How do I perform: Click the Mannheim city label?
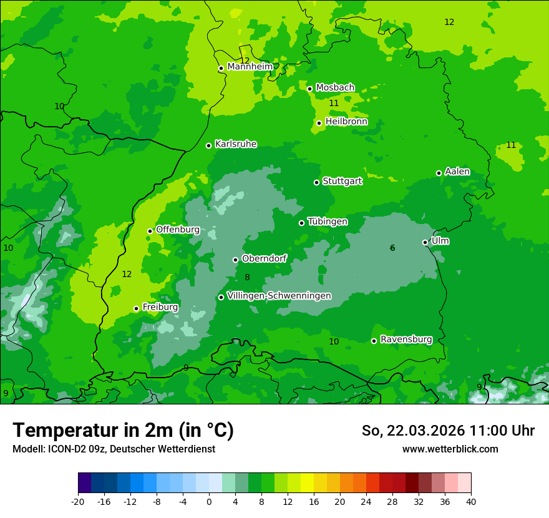pyautogui.click(x=250, y=67)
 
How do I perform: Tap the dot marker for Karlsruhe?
pyautogui.click(x=209, y=145)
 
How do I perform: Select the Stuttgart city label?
pyautogui.click(x=342, y=181)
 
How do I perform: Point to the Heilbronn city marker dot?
pyautogui.click(x=319, y=123)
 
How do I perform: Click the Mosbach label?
pyautogui.click(x=335, y=87)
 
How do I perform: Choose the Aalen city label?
pyautogui.click(x=457, y=172)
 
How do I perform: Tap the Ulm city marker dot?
pyautogui.click(x=425, y=242)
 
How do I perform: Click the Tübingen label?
pyautogui.click(x=328, y=222)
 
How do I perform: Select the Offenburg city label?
pyautogui.click(x=178, y=230)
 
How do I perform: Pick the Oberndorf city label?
pyautogui.click(x=265, y=258)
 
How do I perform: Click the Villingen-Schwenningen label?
pyautogui.click(x=279, y=296)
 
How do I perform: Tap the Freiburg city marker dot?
pyautogui.click(x=137, y=308)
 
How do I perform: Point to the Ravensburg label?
pyautogui.click(x=406, y=340)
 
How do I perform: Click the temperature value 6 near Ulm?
pyautogui.click(x=392, y=248)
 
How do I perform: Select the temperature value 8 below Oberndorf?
pyautogui.click(x=247, y=278)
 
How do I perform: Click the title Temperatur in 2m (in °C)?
pyautogui.click(x=123, y=430)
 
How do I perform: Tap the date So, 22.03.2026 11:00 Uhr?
pyautogui.click(x=448, y=431)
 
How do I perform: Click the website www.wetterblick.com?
pyautogui.click(x=450, y=449)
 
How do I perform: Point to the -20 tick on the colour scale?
pyautogui.click(x=78, y=502)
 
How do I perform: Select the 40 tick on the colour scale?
pyautogui.click(x=471, y=502)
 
